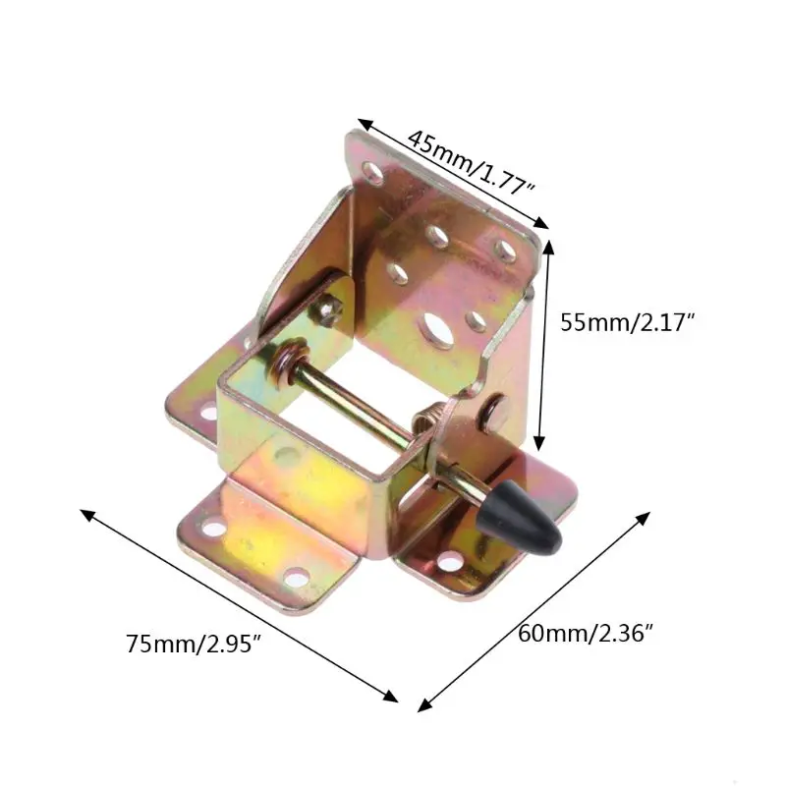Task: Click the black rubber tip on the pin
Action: [518, 515]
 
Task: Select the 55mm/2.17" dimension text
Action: [626, 322]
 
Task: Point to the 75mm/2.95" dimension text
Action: [193, 644]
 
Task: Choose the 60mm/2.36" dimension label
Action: [586, 634]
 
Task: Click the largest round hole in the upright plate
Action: [437, 329]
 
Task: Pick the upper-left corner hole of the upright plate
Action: [373, 172]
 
